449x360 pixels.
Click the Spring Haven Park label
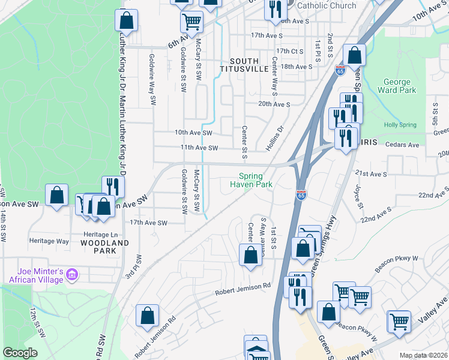251,181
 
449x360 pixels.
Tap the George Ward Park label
397,86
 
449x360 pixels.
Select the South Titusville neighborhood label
244,65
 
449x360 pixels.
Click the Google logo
20,353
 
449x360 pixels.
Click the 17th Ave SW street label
148,223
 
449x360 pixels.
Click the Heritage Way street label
49,241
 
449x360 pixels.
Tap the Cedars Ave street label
402,145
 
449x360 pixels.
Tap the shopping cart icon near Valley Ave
399,321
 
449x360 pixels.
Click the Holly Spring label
400,125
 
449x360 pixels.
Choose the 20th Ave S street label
274,104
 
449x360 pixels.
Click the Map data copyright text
423,355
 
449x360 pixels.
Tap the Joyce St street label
358,197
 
